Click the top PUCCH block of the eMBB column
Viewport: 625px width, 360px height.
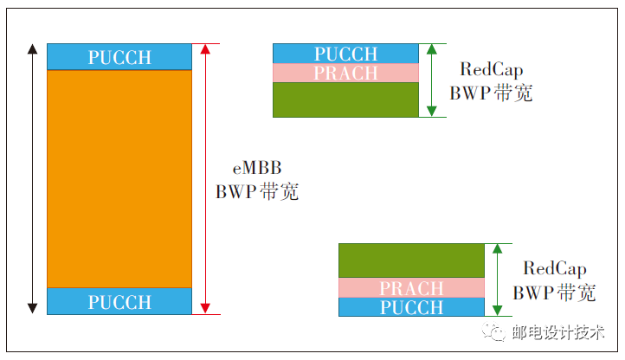coord(119,57)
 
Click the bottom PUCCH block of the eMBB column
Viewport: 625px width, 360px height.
coord(119,301)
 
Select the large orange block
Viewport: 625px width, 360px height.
coord(119,178)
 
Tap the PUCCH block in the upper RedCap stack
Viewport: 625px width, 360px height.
coord(346,54)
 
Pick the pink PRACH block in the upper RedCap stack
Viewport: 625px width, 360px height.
coord(346,73)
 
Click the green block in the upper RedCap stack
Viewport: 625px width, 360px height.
coord(346,100)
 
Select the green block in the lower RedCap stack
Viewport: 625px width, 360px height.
coord(411,260)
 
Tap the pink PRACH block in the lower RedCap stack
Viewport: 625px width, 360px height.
coord(411,287)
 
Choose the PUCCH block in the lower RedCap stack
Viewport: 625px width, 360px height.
coord(411,306)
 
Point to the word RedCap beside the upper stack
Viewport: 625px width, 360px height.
coord(491,70)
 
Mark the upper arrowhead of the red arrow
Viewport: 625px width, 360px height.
coord(205,49)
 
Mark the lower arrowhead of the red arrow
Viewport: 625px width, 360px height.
coord(205,307)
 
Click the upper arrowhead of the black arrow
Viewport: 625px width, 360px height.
coord(33,49)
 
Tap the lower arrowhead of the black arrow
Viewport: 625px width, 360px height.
coord(33,307)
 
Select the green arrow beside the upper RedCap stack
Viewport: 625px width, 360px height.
coord(432,80)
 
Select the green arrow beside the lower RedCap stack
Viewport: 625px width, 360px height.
coord(497,279)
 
